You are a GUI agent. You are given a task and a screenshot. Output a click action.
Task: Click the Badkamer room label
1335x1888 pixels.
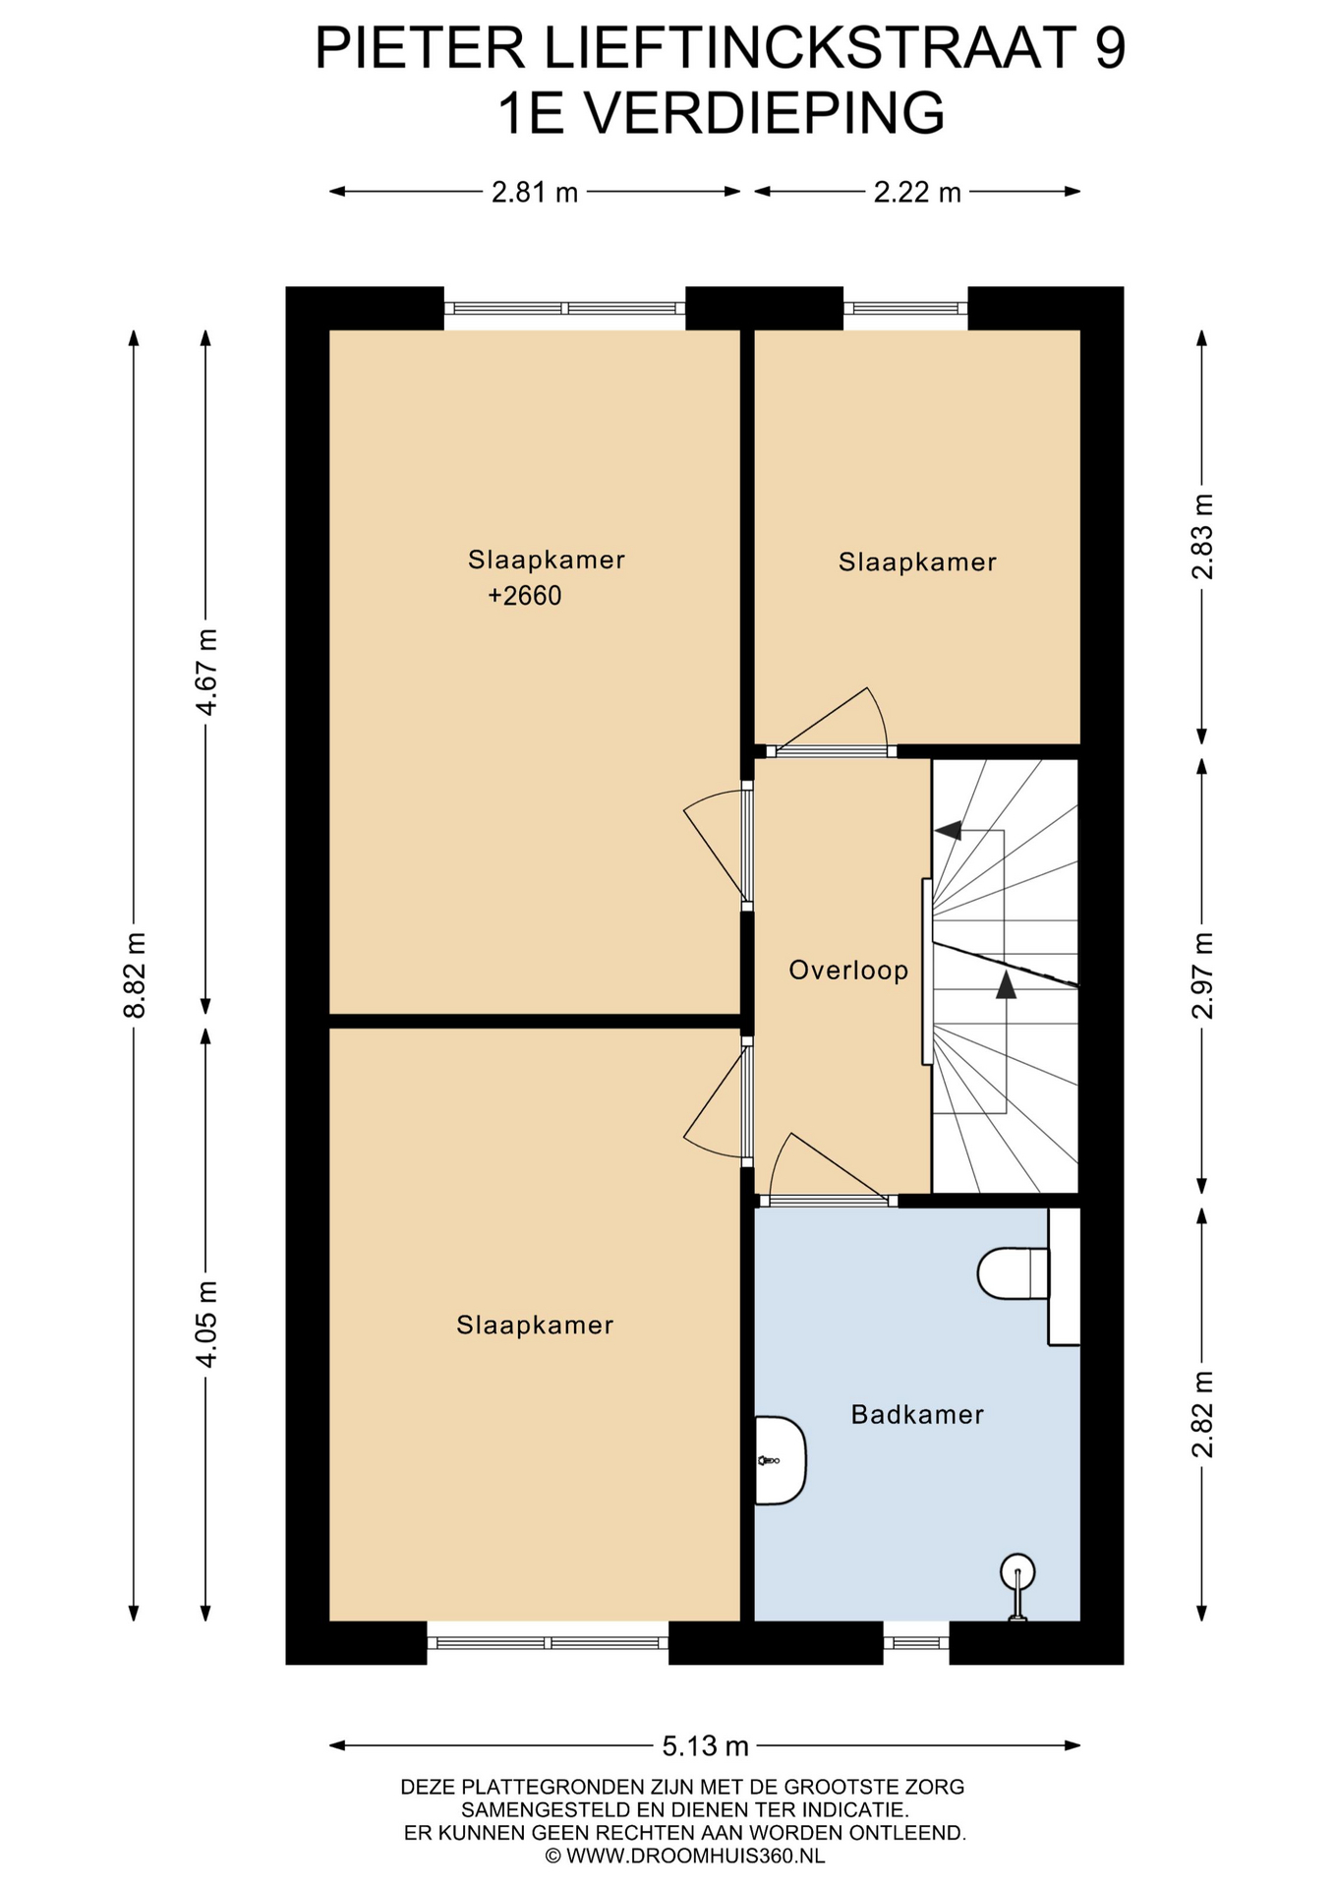916,1415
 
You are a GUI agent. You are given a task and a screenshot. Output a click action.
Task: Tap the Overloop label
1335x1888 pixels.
848,972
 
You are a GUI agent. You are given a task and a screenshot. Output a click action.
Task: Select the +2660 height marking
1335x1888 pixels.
525,596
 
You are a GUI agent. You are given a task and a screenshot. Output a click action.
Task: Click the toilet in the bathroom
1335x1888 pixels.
1014,1273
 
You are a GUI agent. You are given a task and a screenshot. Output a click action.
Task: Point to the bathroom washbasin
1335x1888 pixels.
781,1460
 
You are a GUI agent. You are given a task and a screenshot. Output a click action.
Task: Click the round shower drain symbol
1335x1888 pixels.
1017,1572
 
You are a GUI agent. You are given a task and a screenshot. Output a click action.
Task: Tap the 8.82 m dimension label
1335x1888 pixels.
135,974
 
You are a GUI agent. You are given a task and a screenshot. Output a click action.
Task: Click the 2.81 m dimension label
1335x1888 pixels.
535,192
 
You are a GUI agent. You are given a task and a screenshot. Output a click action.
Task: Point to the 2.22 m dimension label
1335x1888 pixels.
917,192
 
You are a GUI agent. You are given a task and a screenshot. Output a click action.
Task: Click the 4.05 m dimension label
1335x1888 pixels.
206,1324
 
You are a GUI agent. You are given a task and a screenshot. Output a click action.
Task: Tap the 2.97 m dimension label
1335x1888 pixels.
1202,975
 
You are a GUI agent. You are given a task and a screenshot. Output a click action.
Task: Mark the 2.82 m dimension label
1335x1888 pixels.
1202,1414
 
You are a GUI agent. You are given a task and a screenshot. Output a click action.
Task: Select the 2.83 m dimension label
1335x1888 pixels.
1202,536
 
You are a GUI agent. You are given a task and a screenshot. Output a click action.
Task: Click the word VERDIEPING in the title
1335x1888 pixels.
766,114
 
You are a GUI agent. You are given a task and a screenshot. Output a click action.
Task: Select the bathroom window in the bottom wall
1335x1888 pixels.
916,1642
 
